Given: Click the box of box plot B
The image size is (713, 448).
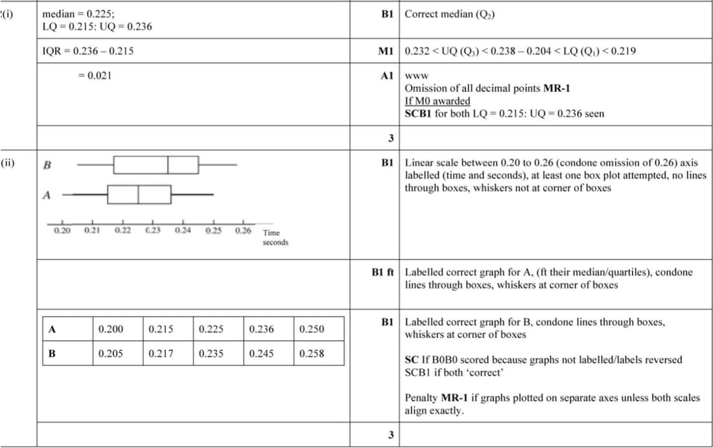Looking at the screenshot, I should (156, 165).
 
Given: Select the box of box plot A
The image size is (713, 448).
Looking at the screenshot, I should (139, 194).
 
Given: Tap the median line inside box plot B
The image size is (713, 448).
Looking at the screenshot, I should (168, 165).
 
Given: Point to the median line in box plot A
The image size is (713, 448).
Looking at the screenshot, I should (138, 194).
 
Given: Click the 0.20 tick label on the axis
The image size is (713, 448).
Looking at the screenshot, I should (62, 230).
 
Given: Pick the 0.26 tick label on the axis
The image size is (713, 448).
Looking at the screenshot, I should (243, 230).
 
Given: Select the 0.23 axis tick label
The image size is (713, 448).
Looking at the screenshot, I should (153, 230).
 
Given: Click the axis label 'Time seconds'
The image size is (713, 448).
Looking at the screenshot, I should (275, 237).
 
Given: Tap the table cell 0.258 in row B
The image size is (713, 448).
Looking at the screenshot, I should (312, 354).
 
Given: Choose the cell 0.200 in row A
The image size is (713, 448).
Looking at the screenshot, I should (111, 329).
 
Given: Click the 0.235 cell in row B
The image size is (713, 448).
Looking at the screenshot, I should (211, 354).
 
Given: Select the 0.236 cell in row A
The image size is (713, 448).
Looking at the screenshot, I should (261, 329).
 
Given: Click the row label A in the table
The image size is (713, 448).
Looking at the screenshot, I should (51, 329).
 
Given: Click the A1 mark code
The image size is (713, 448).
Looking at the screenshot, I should (387, 75).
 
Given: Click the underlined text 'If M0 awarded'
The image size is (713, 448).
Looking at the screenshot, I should (437, 100).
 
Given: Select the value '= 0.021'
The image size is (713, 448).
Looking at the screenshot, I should (94, 75).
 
